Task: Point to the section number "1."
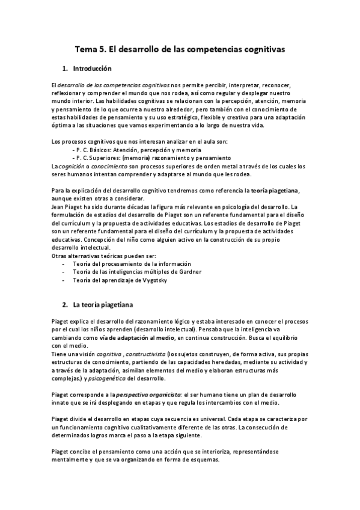pyautogui.click(x=66, y=69)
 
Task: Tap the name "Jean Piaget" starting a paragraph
pyautogui.click(x=69, y=206)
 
